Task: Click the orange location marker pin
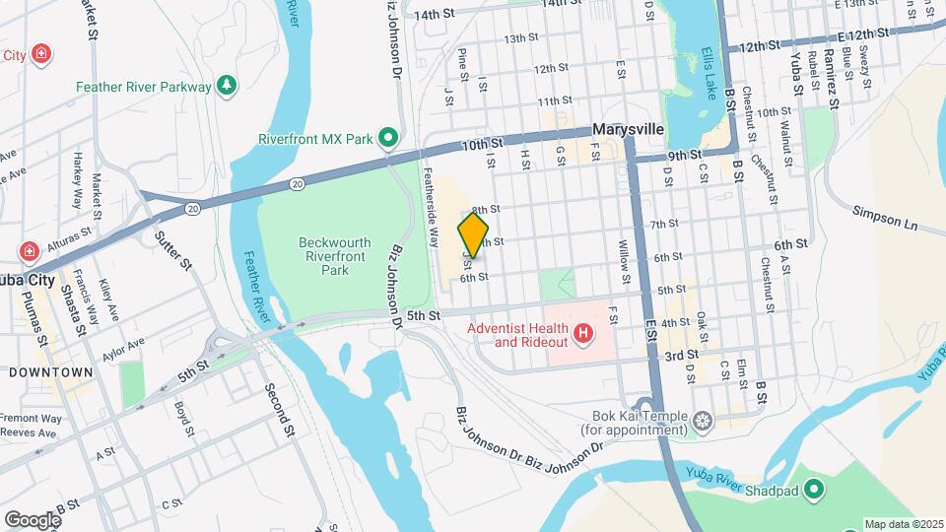tap(473, 235)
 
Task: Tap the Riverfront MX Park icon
tap(389, 138)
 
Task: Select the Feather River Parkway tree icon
tap(228, 87)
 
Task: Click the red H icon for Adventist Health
tap(583, 335)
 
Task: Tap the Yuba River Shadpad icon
tap(814, 489)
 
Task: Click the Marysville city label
tap(628, 130)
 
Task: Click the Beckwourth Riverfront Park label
tap(336, 255)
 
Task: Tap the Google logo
tap(33, 519)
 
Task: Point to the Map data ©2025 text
tap(904, 524)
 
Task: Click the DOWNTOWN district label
tap(50, 372)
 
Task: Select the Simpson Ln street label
tap(884, 218)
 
